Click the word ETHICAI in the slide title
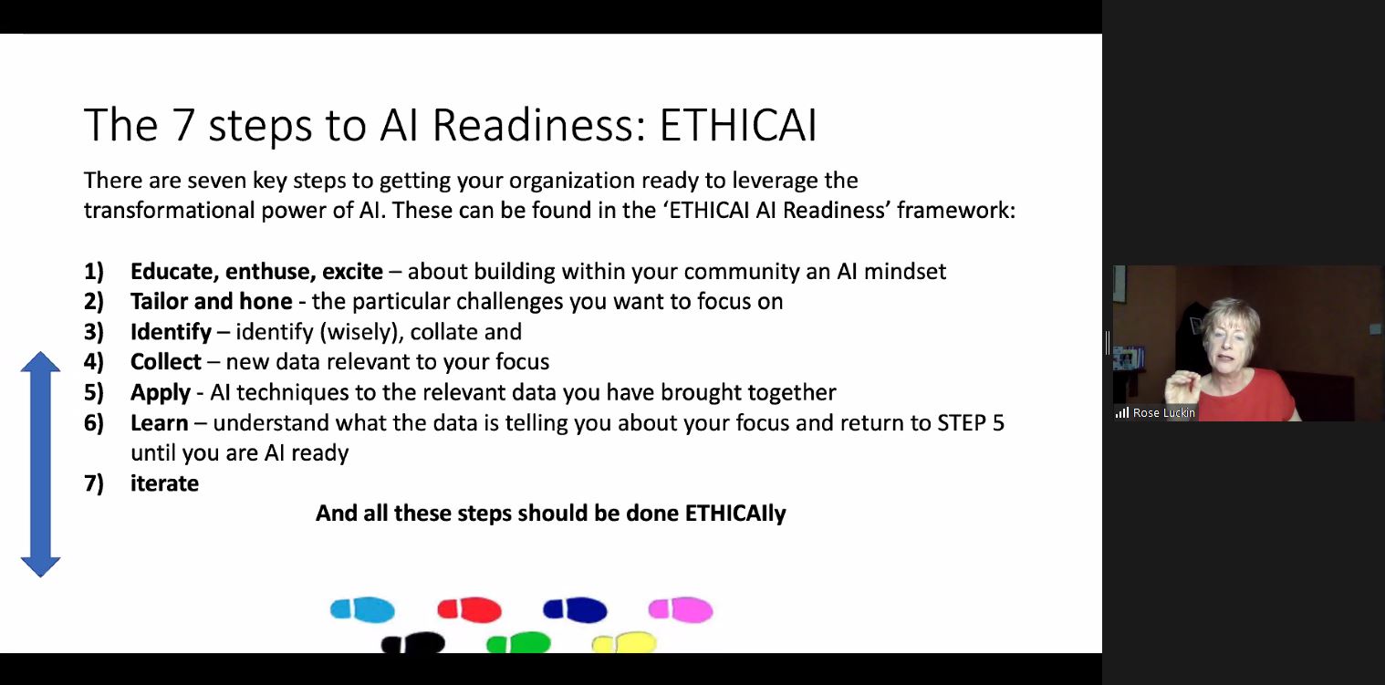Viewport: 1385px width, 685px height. click(737, 126)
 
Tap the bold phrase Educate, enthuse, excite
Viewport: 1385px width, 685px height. click(256, 272)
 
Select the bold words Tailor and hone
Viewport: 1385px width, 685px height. click(211, 302)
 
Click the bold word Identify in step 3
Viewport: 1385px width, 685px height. click(171, 332)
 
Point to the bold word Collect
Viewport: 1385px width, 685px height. click(165, 362)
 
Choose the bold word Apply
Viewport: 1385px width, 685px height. click(160, 393)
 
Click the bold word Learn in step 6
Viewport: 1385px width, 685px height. click(159, 423)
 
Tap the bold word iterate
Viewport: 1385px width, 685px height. click(164, 483)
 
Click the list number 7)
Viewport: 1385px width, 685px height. click(94, 483)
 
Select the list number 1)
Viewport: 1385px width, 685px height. click(94, 272)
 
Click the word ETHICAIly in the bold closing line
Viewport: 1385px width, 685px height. click(734, 514)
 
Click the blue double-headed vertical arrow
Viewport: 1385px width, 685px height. click(40, 463)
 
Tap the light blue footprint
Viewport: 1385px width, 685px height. click(362, 609)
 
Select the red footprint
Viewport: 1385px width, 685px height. click(469, 609)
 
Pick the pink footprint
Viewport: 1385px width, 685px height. click(680, 609)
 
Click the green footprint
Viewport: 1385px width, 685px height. click(518, 644)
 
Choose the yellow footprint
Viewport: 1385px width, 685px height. click(624, 644)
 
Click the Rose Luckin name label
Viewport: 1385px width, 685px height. click(1162, 413)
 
